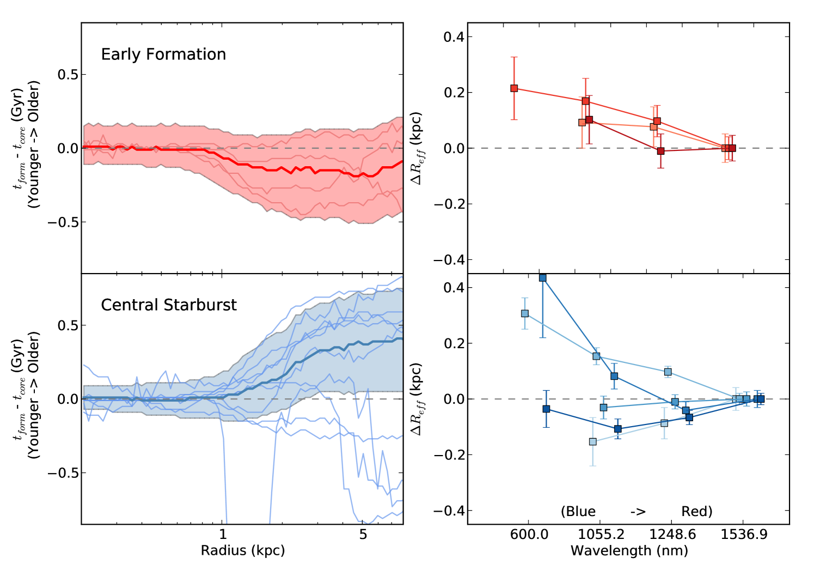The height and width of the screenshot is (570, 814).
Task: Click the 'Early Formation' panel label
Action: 163,54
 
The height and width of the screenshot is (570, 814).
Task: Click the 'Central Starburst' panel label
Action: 169,305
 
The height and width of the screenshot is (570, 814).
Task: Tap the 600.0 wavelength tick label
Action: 529,535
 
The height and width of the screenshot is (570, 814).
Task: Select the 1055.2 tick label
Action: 601,535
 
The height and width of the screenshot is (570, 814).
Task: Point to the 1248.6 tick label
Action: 672,535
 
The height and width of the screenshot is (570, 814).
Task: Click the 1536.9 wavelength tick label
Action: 744,535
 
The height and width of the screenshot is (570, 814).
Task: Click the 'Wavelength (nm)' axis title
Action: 629,551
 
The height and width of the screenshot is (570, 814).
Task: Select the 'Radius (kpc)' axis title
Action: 243,550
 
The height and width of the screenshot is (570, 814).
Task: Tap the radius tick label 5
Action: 363,535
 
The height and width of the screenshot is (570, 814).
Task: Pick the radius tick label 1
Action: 223,535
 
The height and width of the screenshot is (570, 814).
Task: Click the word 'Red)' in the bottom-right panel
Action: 697,512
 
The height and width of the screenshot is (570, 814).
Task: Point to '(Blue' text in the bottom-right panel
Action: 578,512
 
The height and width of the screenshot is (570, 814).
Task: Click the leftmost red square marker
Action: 514,88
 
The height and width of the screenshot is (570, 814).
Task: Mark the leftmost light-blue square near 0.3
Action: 525,313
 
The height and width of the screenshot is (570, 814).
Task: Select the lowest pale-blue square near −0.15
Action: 593,441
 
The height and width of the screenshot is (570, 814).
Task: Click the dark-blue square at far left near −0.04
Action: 546,409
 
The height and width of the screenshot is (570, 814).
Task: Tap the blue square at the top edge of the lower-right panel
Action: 542,278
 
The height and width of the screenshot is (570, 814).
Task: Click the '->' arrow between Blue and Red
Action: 638,512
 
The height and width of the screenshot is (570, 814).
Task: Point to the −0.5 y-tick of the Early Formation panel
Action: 63,222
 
